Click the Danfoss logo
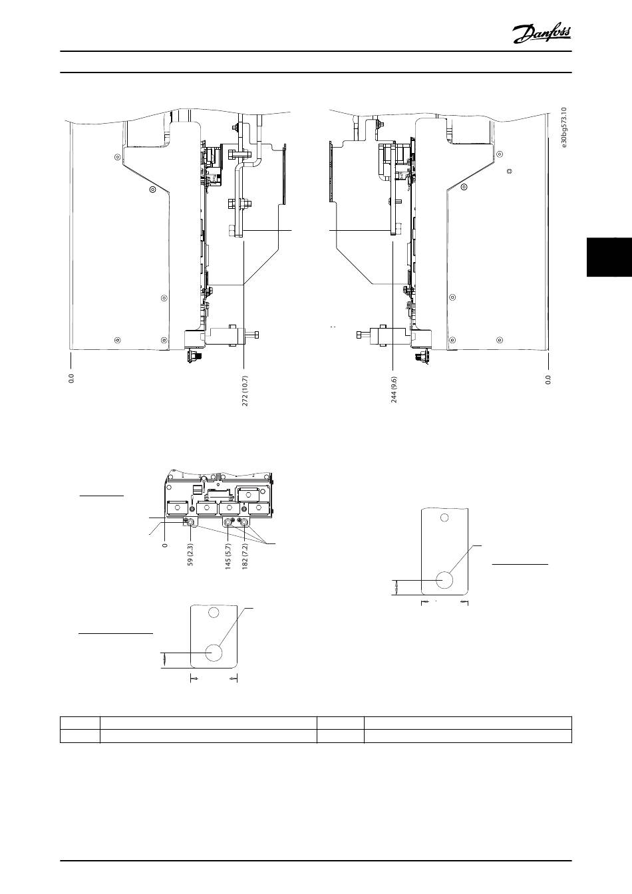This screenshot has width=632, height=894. [542, 35]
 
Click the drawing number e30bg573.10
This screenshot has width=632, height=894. [563, 128]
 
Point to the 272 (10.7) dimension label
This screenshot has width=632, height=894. [245, 390]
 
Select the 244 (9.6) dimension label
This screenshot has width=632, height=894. [394, 389]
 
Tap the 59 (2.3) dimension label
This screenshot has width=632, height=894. [190, 555]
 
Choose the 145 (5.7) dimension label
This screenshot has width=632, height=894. [228, 556]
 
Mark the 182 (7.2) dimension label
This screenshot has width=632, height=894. [245, 556]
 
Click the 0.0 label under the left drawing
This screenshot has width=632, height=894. [71, 378]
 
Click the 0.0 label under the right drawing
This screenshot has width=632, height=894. [548, 379]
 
